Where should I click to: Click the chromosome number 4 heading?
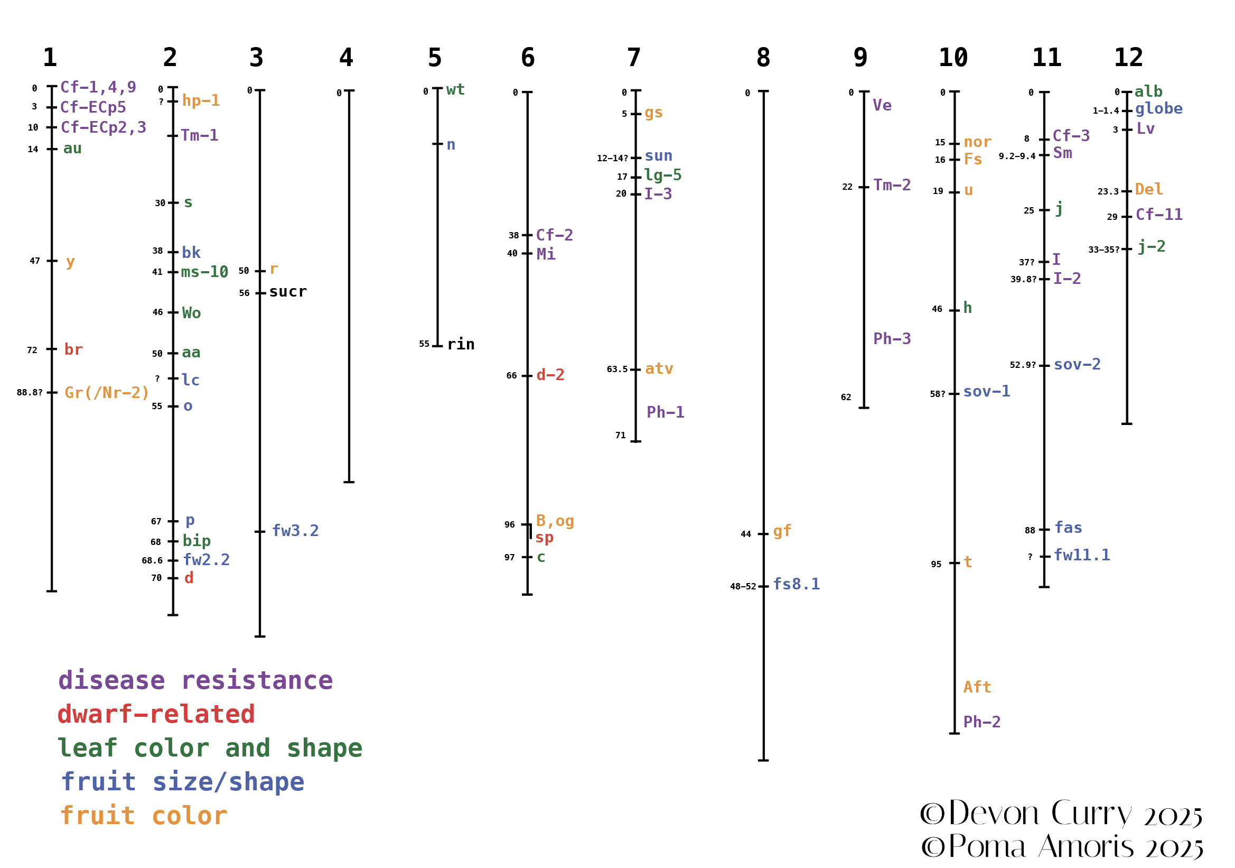(346, 58)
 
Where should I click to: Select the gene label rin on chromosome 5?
(461, 345)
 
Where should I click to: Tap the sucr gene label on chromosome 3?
(288, 292)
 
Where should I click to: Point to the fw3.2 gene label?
(295, 531)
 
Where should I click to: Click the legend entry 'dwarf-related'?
(156, 715)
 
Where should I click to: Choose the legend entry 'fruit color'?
(144, 816)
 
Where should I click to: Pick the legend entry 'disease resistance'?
(195, 681)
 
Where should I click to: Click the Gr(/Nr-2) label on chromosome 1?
(107, 393)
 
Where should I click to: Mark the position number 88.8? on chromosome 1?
(30, 393)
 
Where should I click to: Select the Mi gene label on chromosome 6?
(546, 254)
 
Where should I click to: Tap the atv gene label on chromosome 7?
(659, 369)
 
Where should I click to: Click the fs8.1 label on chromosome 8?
(796, 585)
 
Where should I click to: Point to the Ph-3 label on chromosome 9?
(892, 339)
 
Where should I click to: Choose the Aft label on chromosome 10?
(977, 688)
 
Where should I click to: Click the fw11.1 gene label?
(1082, 556)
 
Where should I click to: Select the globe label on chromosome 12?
(1158, 109)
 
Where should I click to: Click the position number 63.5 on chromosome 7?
(617, 370)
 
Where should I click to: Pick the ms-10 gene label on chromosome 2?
(204, 272)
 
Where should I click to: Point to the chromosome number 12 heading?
(1128, 58)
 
